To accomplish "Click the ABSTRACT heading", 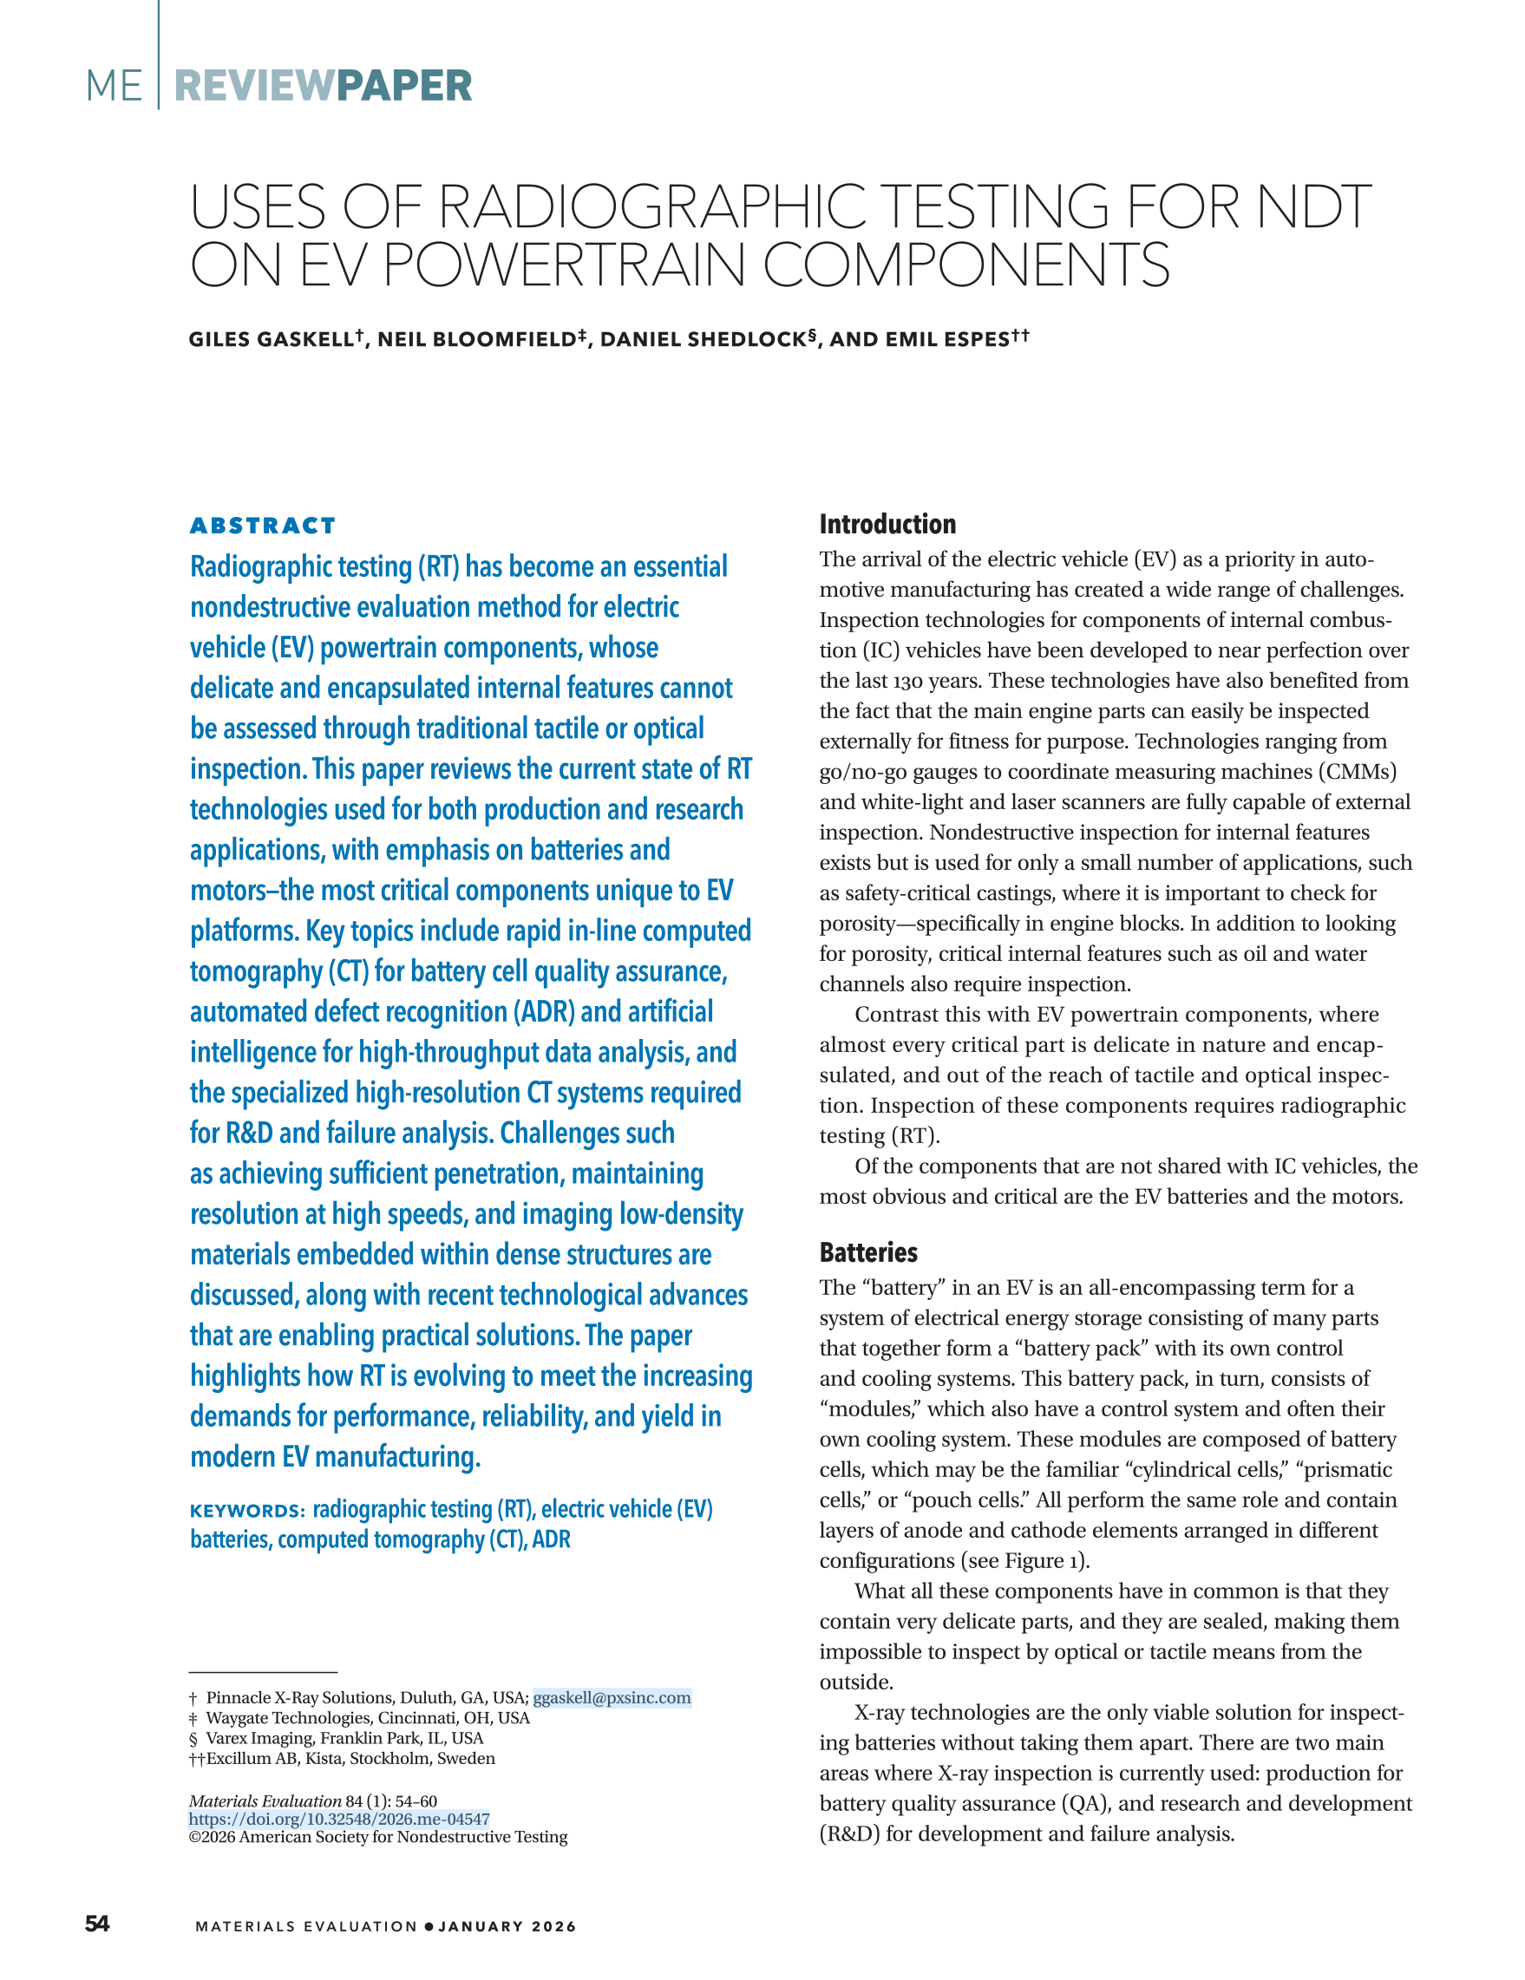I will point(262,526).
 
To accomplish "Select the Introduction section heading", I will point(887,524).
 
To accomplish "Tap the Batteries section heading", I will point(867,1252).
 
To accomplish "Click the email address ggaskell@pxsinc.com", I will point(611,1697).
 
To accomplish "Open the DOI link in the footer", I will point(339,1819).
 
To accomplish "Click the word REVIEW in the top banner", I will point(254,86).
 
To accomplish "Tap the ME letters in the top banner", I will point(114,86).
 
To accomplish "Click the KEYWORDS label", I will point(247,1512).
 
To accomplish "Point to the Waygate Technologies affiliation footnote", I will point(367,1718).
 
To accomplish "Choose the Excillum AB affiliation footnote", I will point(350,1758).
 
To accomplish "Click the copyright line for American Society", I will point(378,1837).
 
